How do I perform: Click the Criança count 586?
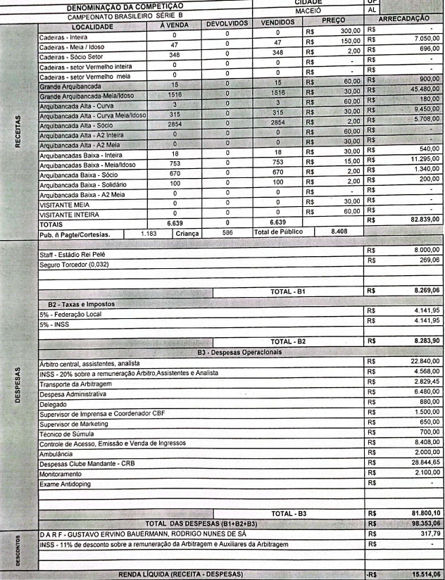227,229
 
